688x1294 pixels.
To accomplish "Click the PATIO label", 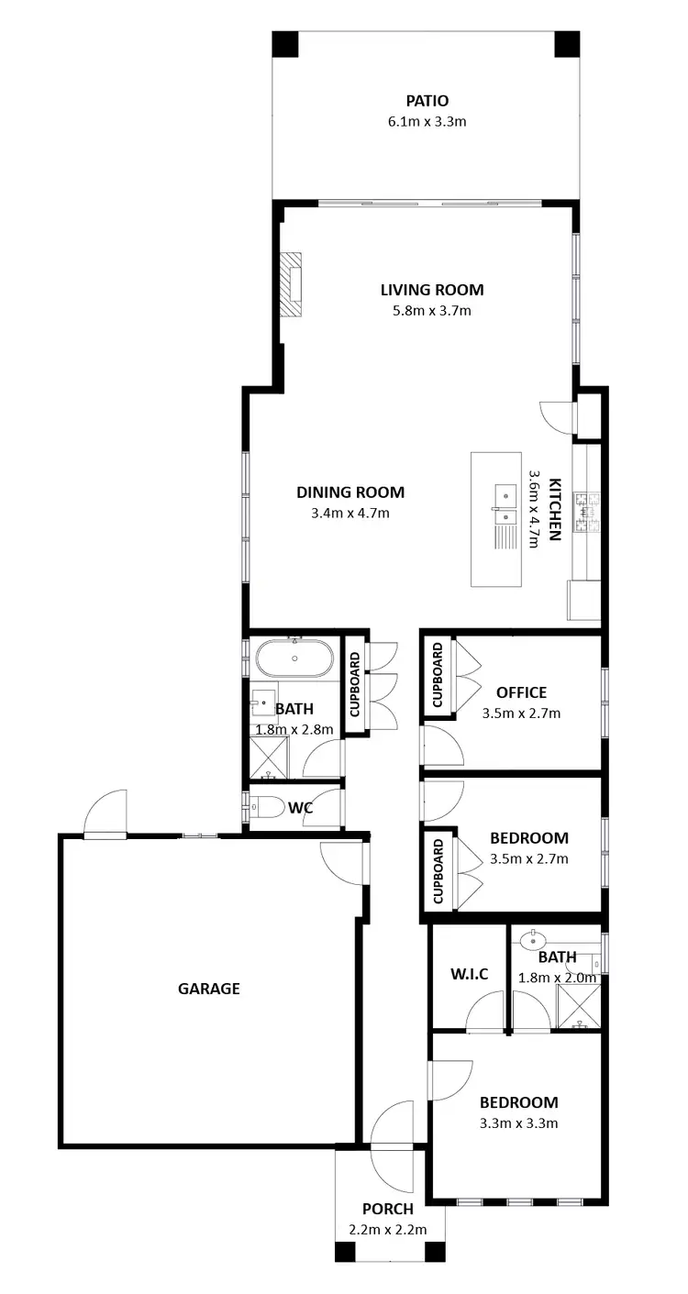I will (427, 100).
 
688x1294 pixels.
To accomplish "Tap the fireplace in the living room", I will (294, 284).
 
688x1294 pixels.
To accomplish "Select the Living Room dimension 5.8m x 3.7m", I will (431, 310).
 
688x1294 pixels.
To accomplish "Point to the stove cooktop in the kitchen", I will (584, 513).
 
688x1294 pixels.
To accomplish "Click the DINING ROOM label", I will (350, 492).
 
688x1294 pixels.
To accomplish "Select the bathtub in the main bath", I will (294, 658).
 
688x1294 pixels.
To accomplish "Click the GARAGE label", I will (208, 989).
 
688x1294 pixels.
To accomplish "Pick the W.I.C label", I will (469, 973).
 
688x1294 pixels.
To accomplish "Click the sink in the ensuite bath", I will (532, 939).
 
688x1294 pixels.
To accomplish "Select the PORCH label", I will (387, 1209).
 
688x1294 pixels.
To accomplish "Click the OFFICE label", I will (521, 692).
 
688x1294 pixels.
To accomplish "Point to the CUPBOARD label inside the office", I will (438, 674).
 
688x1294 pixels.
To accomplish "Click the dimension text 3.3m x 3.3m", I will (520, 1123).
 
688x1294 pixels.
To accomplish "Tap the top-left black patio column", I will (285, 43).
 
